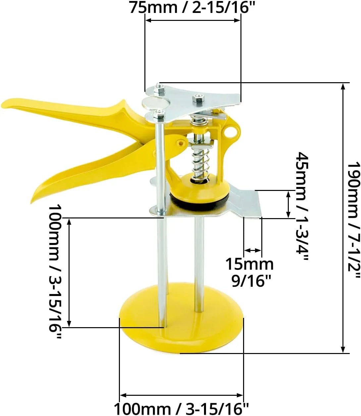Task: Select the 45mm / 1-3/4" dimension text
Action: [302, 206]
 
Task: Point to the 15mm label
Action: [249, 264]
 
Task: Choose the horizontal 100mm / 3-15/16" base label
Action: [181, 408]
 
